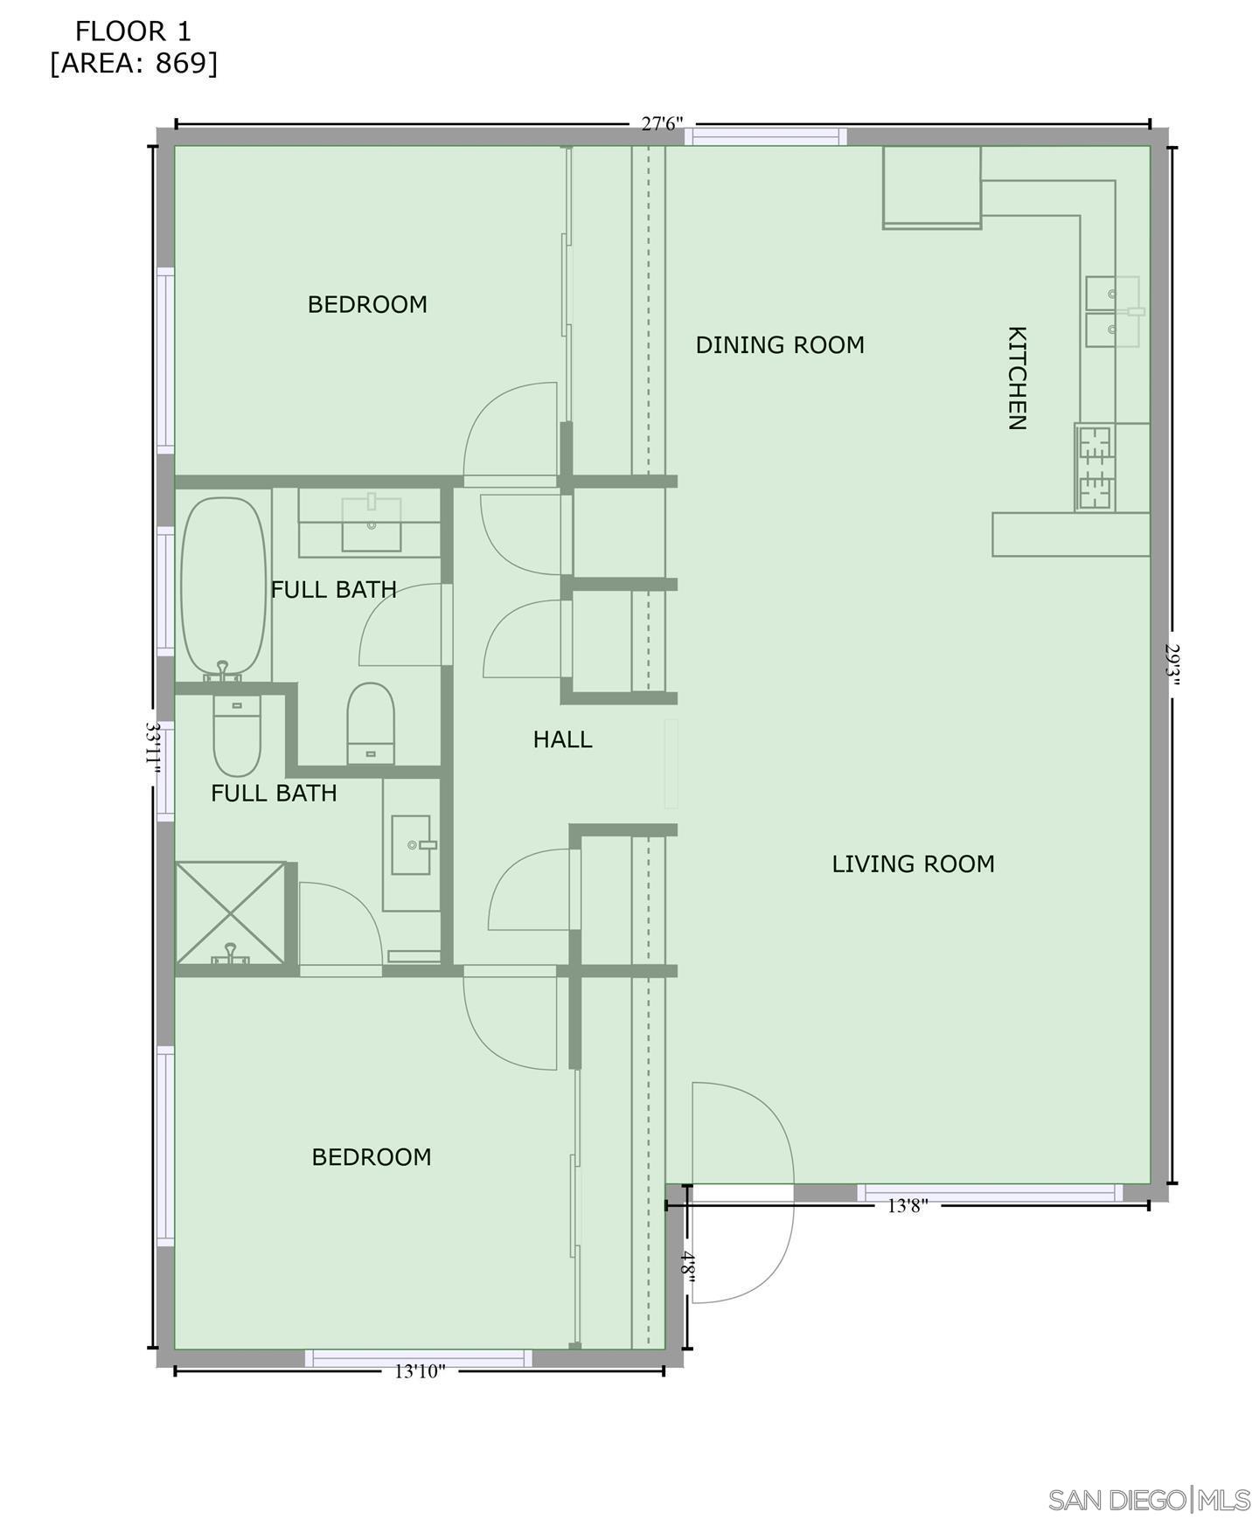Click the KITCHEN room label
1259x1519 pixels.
tap(1016, 378)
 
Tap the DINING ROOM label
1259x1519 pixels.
tap(779, 345)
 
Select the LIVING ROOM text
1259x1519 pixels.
tap(912, 864)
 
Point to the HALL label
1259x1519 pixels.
tap(562, 739)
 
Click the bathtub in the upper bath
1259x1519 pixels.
tap(223, 586)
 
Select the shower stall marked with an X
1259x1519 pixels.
tap(231, 913)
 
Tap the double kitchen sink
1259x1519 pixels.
tap(1112, 312)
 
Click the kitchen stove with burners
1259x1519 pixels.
tap(1095, 468)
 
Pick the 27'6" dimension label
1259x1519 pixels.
tap(661, 124)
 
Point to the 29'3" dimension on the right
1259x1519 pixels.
tap(1173, 666)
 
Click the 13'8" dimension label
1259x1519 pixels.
tap(907, 1206)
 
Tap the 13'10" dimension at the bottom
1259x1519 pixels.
tap(420, 1371)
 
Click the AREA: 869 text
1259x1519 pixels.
tap(133, 64)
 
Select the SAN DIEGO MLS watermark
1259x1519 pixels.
tap(1148, 1500)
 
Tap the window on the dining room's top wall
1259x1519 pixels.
tap(765, 136)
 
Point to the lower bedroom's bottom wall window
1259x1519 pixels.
tap(418, 1357)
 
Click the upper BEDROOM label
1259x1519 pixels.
tap(367, 304)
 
